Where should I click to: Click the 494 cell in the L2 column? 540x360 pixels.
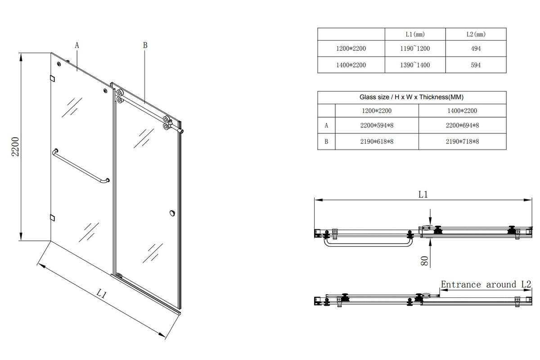click(x=476, y=49)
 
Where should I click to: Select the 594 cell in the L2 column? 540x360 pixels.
click(x=476, y=65)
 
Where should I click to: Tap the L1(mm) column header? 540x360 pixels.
click(x=415, y=34)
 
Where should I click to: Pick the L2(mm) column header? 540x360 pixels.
click(x=476, y=34)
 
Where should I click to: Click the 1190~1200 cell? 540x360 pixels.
click(x=415, y=49)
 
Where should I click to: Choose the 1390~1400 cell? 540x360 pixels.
click(x=415, y=65)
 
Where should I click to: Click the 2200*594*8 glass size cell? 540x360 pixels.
click(x=377, y=126)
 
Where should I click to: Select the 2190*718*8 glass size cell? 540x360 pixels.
click(x=462, y=141)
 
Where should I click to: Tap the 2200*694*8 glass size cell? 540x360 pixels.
click(x=462, y=126)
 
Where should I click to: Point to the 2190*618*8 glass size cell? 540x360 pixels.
click(x=377, y=141)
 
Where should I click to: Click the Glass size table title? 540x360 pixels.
click(x=411, y=97)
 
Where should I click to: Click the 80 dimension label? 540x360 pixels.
click(x=424, y=261)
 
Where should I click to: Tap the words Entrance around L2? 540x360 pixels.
click(x=486, y=284)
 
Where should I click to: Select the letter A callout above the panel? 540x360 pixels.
click(x=77, y=45)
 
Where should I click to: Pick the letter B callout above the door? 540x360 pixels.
click(x=145, y=45)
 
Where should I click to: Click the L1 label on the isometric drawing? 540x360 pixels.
click(x=102, y=295)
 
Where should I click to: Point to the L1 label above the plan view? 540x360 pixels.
click(x=423, y=194)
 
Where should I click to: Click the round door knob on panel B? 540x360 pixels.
click(x=172, y=213)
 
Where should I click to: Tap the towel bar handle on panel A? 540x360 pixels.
click(x=81, y=166)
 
